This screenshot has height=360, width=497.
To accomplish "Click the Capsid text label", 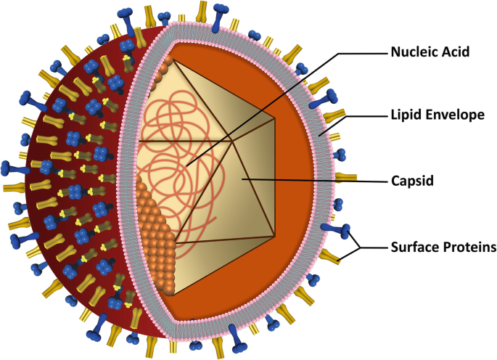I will coord(412,180).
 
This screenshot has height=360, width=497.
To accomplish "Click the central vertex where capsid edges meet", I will coord(232,141).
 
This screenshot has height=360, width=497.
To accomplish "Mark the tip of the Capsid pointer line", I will coord(242,176).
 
